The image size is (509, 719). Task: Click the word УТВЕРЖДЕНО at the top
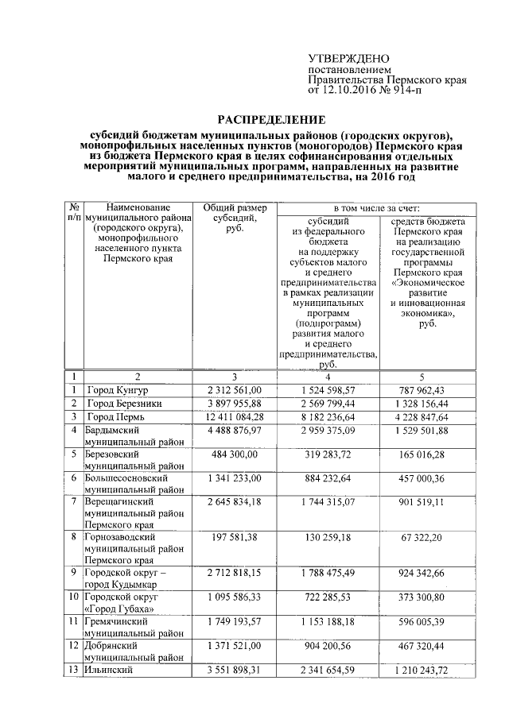[348, 59]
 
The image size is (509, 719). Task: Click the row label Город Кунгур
[118, 391]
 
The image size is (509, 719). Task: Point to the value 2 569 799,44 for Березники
[328, 404]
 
